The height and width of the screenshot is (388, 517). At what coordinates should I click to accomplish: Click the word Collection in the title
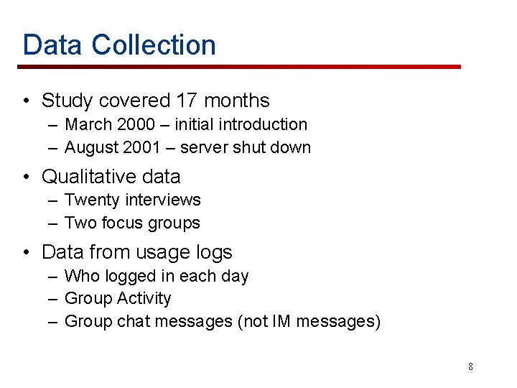(154, 45)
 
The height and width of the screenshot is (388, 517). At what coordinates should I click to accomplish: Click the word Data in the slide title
(53, 45)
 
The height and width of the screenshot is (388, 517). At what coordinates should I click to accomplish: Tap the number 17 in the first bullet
(208, 101)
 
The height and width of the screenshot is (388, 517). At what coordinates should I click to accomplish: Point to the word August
(90, 147)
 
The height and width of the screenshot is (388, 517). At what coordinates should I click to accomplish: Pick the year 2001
(141, 147)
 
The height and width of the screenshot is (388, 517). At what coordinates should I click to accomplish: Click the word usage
(156, 252)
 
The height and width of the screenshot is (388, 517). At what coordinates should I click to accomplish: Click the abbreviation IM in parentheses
(283, 321)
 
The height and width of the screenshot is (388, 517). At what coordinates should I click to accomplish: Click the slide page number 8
(470, 366)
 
